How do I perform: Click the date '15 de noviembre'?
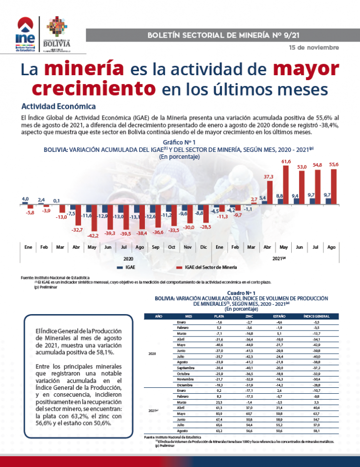[314, 47]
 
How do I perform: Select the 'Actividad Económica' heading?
[58, 106]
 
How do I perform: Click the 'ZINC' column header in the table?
[249, 316]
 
